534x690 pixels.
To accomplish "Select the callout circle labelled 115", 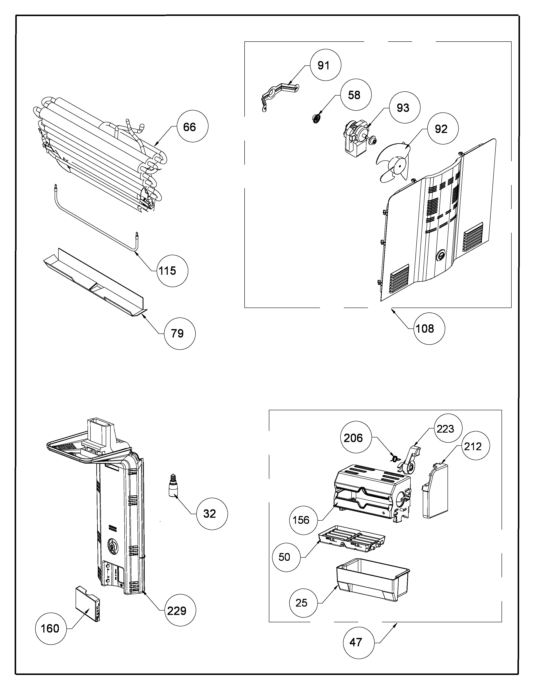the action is pyautogui.click(x=172, y=271).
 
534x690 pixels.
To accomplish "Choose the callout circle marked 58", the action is pyautogui.click(x=356, y=95).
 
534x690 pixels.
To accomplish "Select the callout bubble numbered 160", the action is pyautogui.click(x=51, y=628).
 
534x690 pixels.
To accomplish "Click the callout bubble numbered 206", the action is pyautogui.click(x=356, y=438).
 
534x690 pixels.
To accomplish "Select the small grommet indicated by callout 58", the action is pyautogui.click(x=315, y=119).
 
